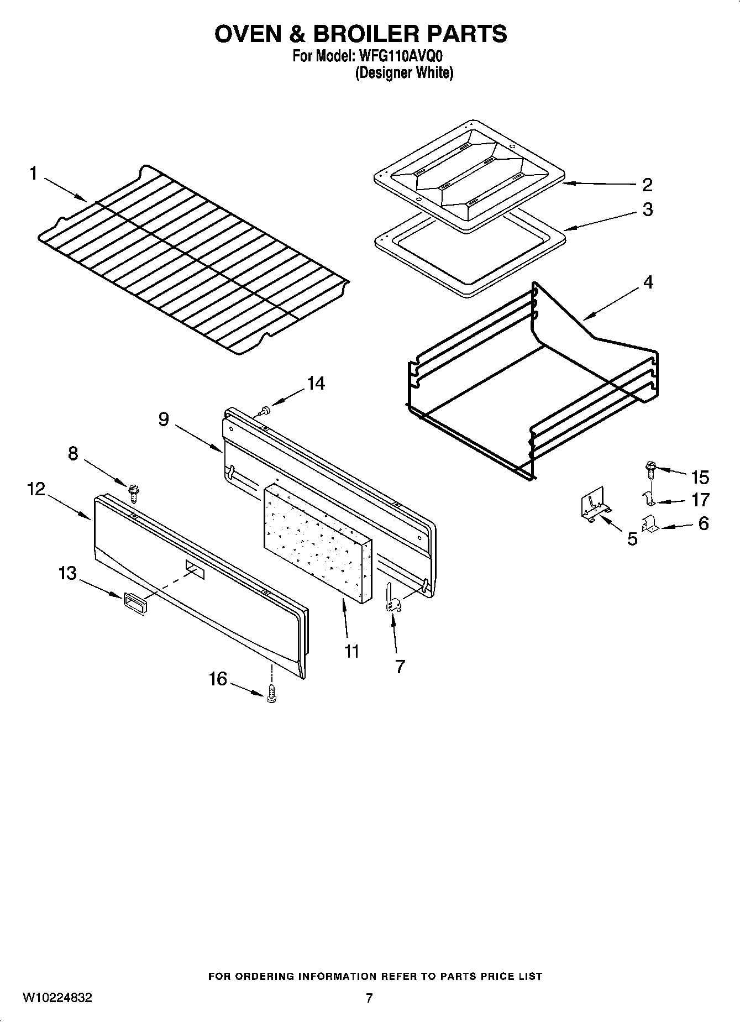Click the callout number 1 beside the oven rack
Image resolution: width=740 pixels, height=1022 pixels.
pos(33,174)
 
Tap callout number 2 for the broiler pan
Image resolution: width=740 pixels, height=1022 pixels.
pos(647,185)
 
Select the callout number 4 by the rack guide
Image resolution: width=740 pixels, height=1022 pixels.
pos(648,282)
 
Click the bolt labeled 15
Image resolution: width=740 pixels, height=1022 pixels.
pos(650,470)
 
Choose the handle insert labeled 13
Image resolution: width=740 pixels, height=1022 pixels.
pos(135,602)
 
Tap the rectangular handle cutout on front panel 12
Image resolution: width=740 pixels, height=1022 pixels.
pos(195,569)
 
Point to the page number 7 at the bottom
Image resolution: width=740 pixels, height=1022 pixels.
pos(369,998)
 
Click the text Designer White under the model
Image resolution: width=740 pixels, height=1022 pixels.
pos(404,72)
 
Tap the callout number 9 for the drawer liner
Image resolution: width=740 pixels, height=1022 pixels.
pos(164,420)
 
